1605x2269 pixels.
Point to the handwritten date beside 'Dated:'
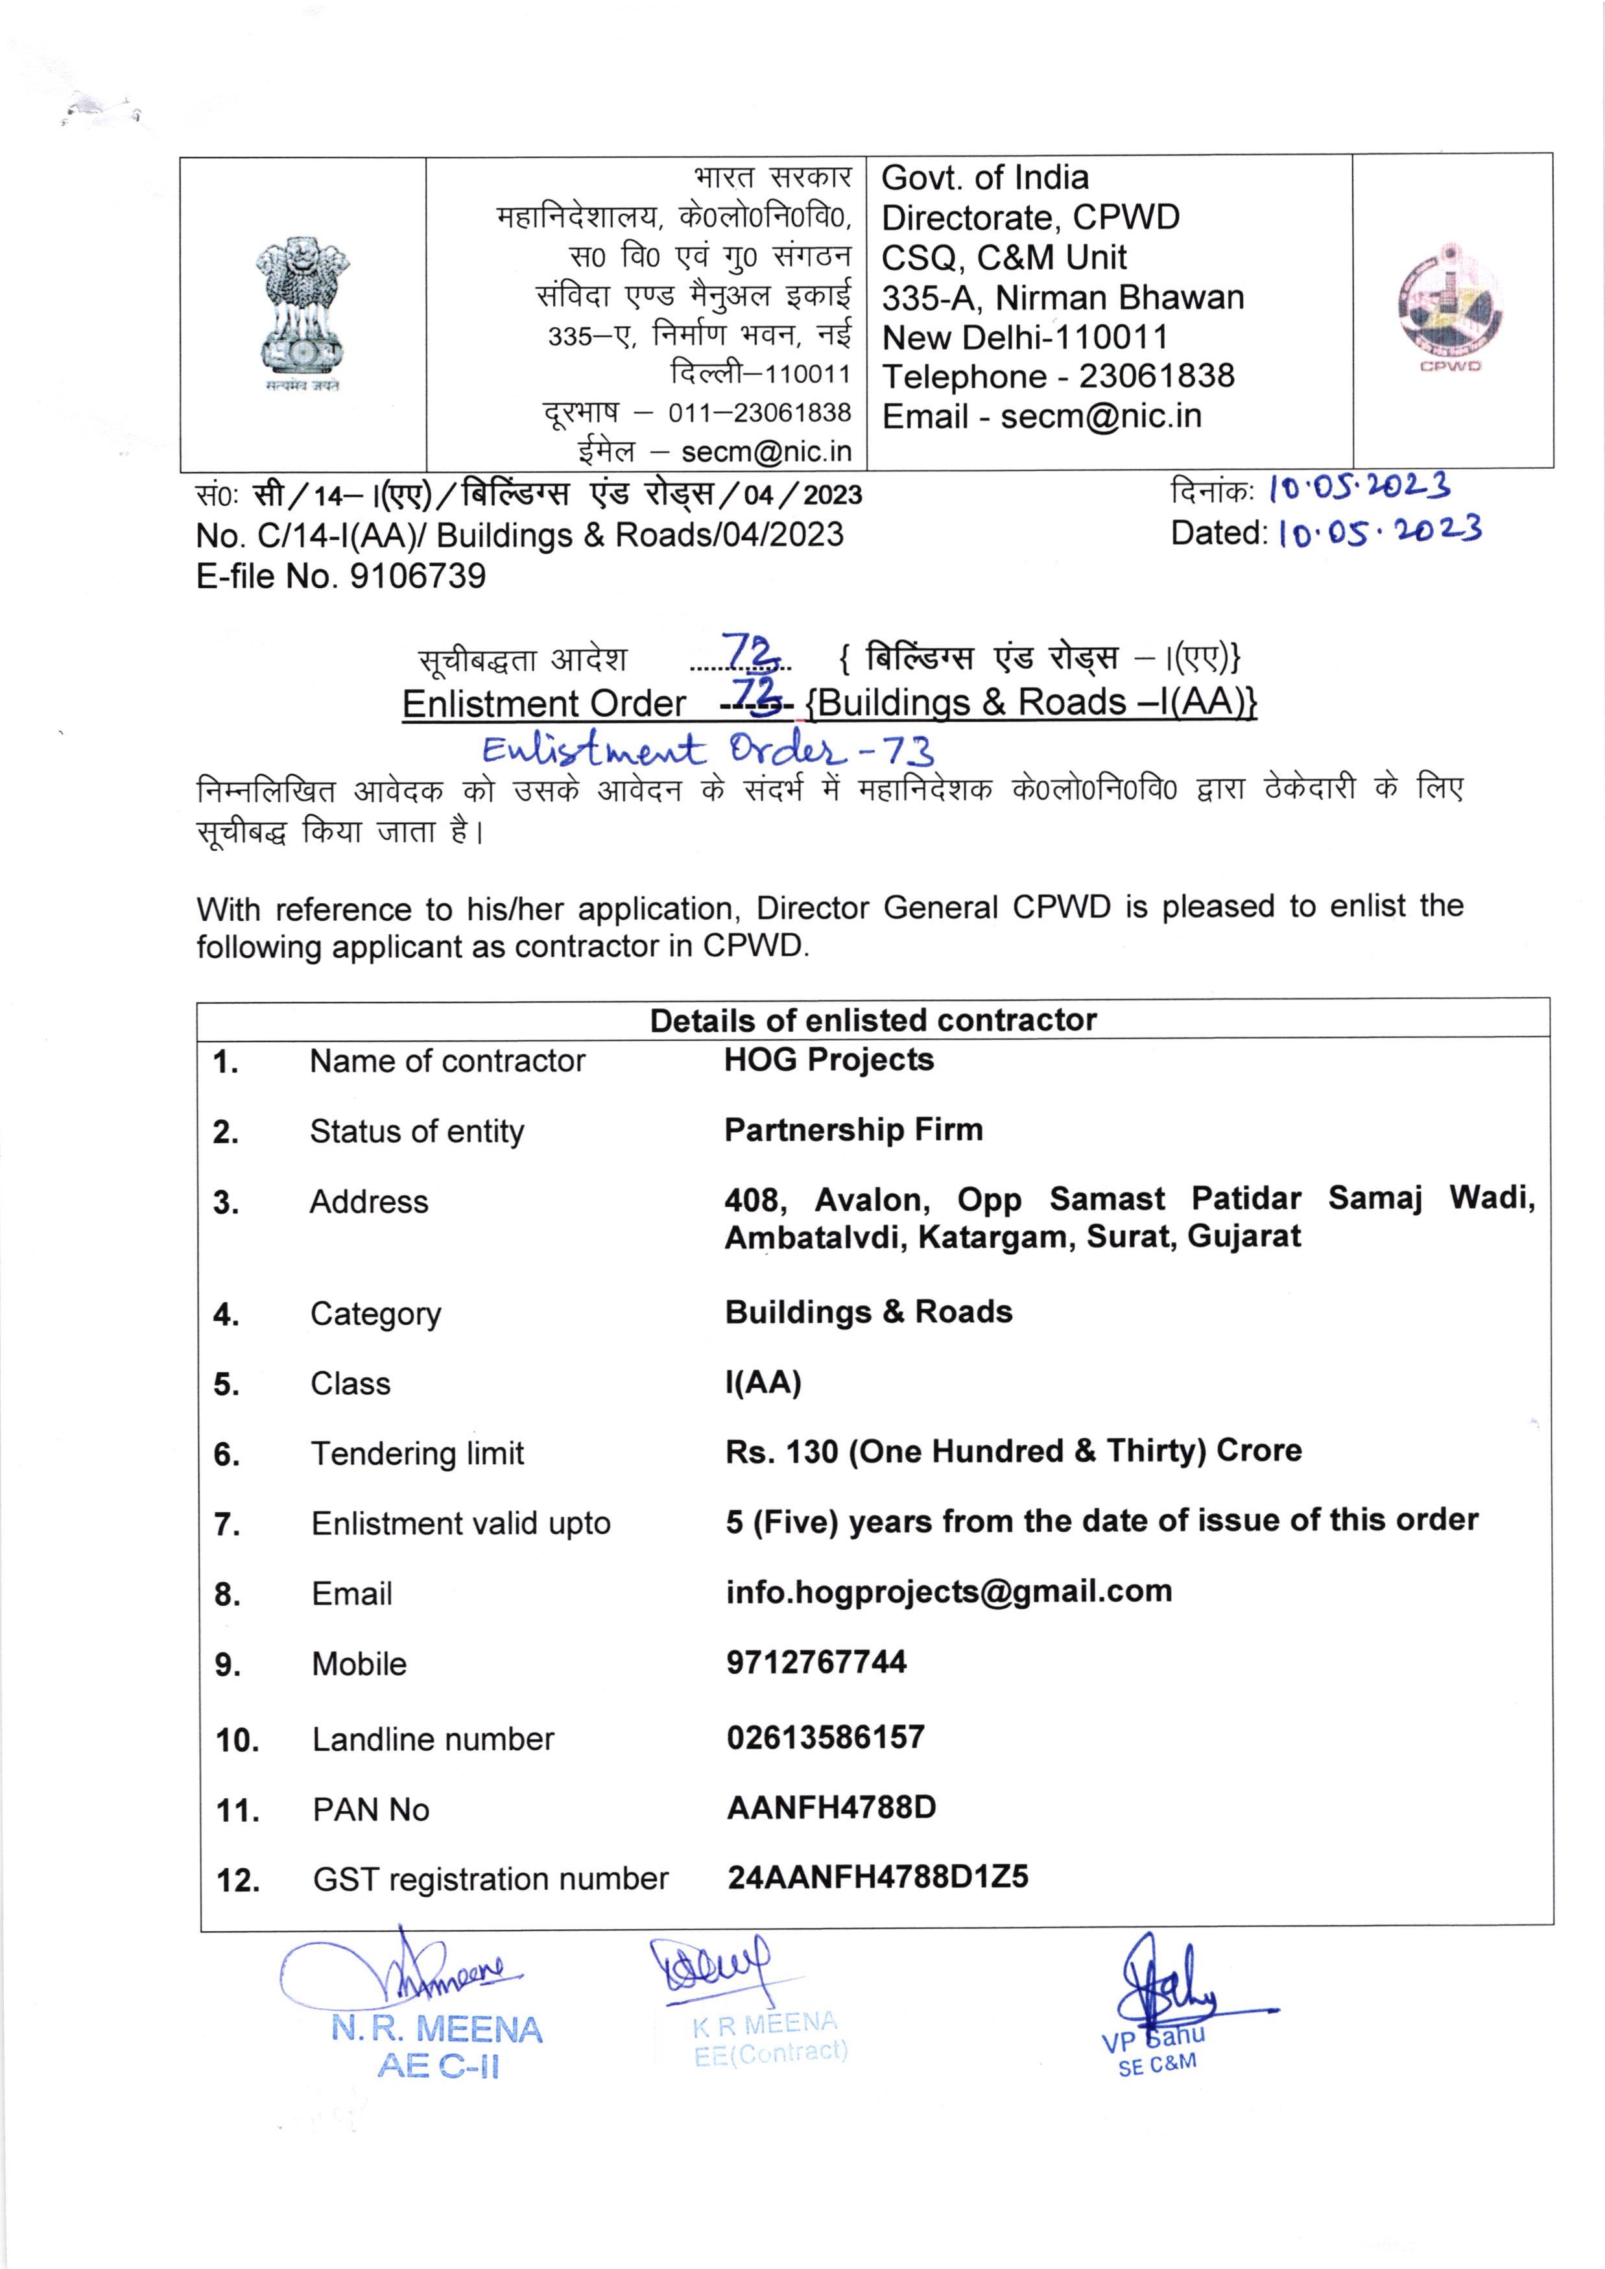[1379, 532]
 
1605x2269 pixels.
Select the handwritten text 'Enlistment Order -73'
[707, 750]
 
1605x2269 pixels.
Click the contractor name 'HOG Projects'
[828, 1060]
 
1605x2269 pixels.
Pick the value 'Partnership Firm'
[853, 1130]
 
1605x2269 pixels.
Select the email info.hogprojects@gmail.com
[949, 1591]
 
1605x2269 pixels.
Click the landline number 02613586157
[826, 1737]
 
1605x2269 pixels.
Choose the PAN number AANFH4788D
[831, 1807]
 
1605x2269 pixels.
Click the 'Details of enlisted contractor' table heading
[873, 1020]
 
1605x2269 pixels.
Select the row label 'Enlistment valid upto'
[460, 1523]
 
